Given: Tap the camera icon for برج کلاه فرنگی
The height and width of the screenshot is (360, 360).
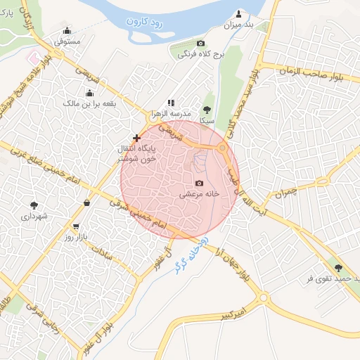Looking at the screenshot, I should (x=200, y=44).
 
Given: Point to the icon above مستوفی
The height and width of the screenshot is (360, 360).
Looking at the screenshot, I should (x=67, y=30).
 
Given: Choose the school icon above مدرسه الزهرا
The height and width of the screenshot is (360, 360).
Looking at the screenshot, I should (x=170, y=103).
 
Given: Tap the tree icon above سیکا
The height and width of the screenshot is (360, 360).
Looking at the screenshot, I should (x=207, y=110).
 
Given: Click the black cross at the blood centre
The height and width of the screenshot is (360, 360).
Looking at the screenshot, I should (x=136, y=138).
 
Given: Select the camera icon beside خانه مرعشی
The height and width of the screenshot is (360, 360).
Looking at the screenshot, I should (x=199, y=183).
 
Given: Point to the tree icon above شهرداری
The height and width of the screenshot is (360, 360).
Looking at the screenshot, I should (x=34, y=205).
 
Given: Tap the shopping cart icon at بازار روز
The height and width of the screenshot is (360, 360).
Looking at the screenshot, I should (x=76, y=226).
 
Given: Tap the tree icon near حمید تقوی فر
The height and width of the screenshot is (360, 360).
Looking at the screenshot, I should (x=340, y=267).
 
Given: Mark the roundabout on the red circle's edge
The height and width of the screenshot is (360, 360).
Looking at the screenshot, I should (x=223, y=148).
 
